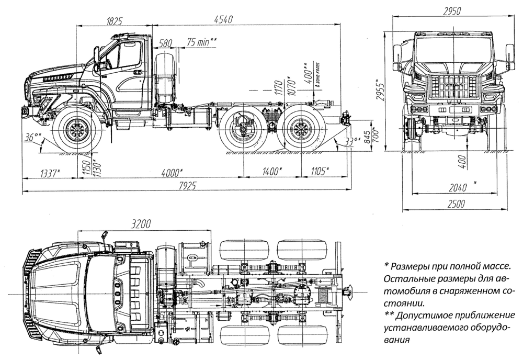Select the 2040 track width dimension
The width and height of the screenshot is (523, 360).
pyautogui.click(x=454, y=187)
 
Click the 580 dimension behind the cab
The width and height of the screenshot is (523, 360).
pyautogui.click(x=166, y=43)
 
